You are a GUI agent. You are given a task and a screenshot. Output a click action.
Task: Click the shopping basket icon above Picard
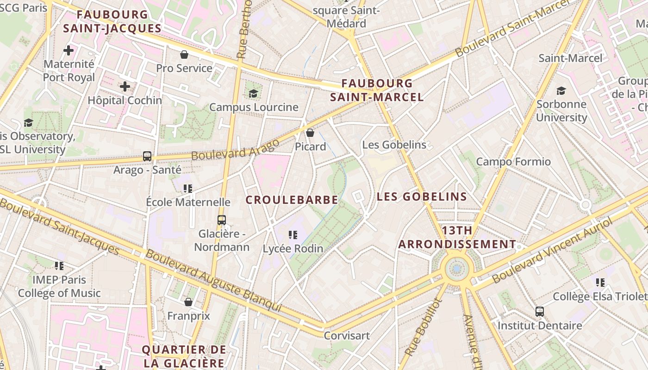(x=310, y=133)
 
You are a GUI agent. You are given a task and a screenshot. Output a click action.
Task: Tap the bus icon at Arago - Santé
(x=147, y=156)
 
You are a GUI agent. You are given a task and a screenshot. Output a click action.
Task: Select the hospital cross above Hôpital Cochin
(x=125, y=86)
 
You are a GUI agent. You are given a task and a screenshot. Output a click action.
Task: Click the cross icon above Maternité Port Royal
(x=69, y=50)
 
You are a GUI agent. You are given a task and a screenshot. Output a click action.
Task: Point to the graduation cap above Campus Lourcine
(x=253, y=94)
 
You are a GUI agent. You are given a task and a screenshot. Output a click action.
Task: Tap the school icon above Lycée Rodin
(x=293, y=235)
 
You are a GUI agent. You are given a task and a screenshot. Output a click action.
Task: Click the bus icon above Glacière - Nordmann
(x=222, y=220)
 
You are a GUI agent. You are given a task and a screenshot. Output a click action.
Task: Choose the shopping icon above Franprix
(x=188, y=302)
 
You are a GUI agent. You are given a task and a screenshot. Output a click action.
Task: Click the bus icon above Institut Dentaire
(x=540, y=312)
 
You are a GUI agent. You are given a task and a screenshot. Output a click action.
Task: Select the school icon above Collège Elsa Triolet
(x=600, y=282)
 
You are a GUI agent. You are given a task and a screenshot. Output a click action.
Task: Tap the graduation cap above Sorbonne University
(x=561, y=91)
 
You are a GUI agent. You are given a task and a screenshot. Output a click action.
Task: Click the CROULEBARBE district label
(x=292, y=200)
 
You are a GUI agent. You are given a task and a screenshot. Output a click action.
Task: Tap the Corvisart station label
(x=347, y=335)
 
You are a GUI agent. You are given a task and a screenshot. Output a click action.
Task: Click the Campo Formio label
(x=513, y=162)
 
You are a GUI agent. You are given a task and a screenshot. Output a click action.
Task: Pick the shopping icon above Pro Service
(x=184, y=55)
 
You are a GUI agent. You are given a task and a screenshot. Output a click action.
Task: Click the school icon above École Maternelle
(x=188, y=188)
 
